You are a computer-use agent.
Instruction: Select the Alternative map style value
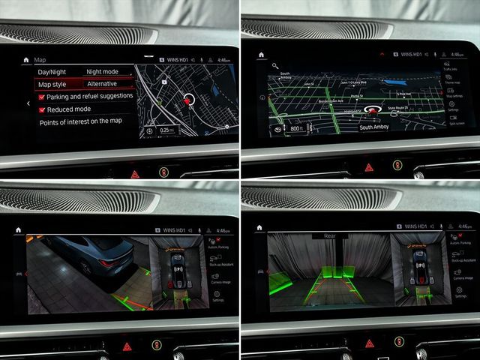coord(102,84)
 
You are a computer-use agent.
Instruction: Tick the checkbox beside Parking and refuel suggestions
coord(42,97)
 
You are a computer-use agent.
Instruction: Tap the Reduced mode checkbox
coord(42,109)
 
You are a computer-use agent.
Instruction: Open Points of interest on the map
coord(80,121)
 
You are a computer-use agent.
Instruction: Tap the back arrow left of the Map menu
coord(27,103)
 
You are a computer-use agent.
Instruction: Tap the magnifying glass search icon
coord(275,65)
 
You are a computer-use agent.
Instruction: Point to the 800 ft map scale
coord(295,128)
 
